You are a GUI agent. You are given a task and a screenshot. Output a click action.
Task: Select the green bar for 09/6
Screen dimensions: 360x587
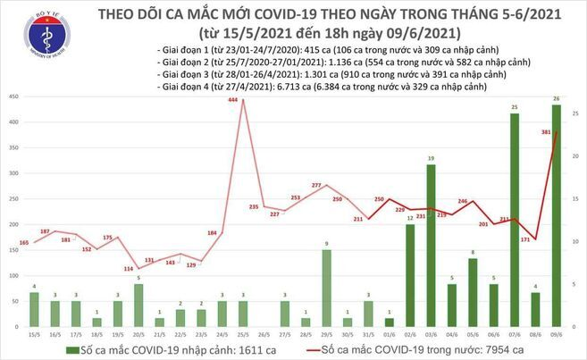click(x=557, y=215)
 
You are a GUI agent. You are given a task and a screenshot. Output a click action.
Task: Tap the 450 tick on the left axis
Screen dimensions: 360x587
click(x=12, y=96)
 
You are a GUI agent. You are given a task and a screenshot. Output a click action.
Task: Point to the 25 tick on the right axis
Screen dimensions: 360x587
click(x=577, y=113)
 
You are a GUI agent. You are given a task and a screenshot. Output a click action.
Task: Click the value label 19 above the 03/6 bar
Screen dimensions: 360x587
click(x=431, y=159)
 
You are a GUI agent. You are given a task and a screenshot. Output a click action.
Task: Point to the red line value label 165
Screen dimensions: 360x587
click(x=23, y=242)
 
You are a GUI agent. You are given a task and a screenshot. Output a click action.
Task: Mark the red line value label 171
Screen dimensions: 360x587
click(x=525, y=239)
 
